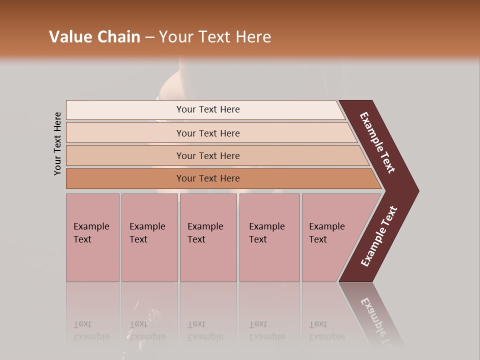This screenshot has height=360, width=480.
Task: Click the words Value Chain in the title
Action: pos(94,37)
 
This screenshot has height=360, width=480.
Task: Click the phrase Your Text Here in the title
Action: pos(215,37)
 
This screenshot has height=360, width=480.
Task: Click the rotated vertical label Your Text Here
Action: pos(57,143)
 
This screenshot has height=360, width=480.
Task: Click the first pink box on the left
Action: pos(92,237)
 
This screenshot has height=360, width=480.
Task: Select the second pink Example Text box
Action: pos(149,237)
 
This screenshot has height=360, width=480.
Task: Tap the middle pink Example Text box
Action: pos(208,237)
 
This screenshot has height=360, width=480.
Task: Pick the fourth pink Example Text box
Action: pos(269,237)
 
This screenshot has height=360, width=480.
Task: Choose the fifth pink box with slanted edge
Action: pos(330,237)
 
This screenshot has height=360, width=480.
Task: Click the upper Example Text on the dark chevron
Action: pos(377,142)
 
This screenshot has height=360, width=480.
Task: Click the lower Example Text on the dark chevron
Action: pos(378,236)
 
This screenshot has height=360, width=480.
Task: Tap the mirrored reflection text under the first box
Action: pos(91,330)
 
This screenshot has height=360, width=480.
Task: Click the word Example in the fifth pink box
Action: pos(326,226)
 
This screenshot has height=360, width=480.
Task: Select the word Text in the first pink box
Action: pos(82,239)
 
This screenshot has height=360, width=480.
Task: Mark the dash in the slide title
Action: pos(150,37)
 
